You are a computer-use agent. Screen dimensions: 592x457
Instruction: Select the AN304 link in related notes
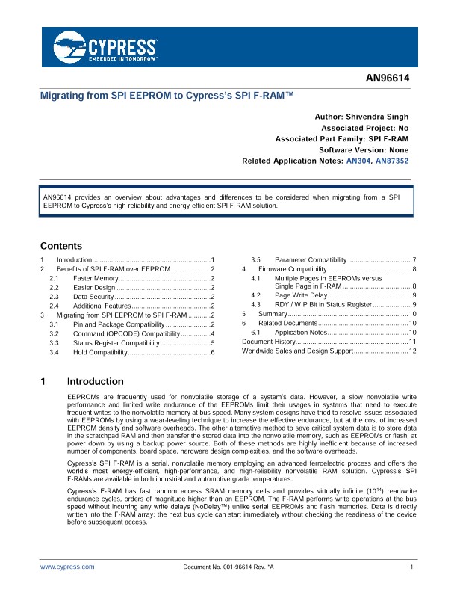tap(356, 161)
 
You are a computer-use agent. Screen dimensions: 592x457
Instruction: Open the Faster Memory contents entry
tap(96, 277)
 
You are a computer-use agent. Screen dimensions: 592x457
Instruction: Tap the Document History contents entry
tap(269, 342)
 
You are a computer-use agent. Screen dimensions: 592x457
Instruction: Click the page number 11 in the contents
tap(412, 342)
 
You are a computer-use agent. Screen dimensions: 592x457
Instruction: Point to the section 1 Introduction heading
tap(95, 381)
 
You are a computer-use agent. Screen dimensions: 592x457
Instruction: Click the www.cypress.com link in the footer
tap(67, 567)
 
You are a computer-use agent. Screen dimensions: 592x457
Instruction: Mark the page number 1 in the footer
tap(411, 567)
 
